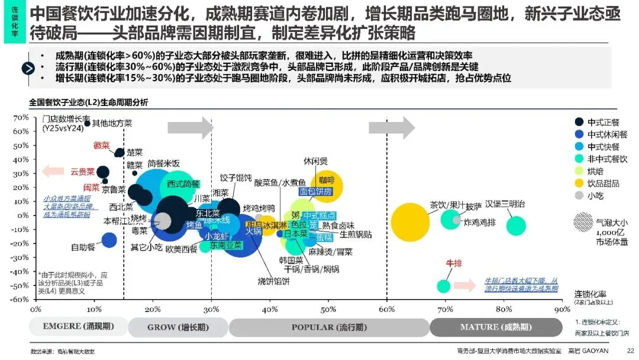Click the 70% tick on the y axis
[21, 118]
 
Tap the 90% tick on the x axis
[561, 309]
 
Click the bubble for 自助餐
[109, 240]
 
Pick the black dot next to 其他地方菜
[88, 123]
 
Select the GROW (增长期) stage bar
[177, 327]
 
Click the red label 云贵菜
[83, 172]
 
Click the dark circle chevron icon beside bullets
[28, 68]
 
